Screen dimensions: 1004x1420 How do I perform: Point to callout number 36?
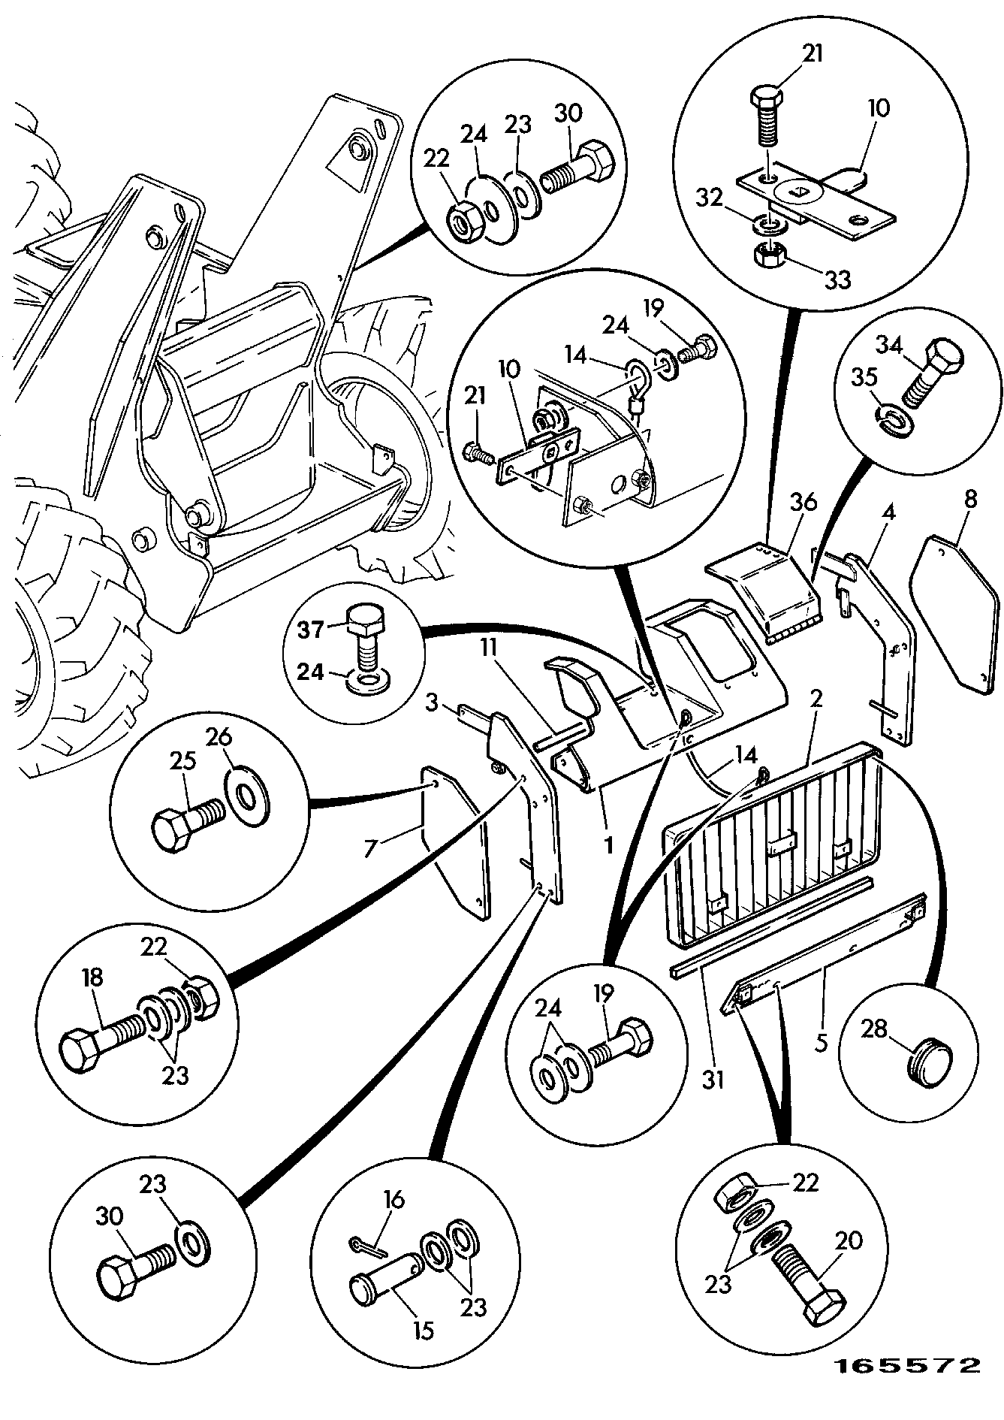(x=803, y=503)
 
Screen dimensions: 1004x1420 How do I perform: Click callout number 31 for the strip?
(x=713, y=1080)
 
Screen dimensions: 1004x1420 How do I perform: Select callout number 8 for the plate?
(x=971, y=500)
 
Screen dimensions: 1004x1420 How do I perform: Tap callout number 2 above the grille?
(x=817, y=699)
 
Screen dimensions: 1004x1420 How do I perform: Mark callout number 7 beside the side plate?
(x=369, y=848)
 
